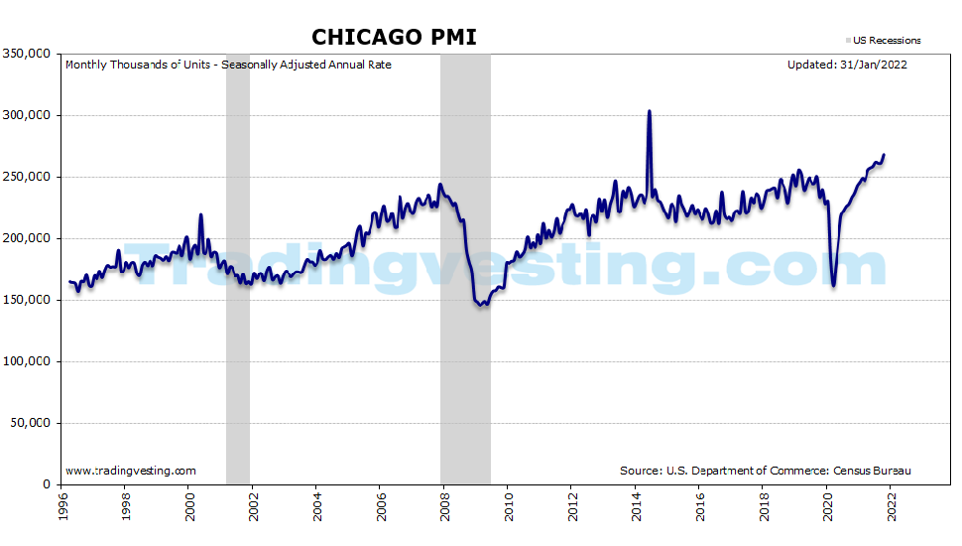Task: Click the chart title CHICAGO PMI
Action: tap(394, 37)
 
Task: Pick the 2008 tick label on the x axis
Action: tap(444, 508)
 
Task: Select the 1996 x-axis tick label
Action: tap(61, 508)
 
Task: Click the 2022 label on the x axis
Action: tap(892, 508)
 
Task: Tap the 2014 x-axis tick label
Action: tap(636, 508)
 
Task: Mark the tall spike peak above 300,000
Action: tap(649, 111)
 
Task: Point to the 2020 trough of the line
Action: tap(833, 286)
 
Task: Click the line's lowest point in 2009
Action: tap(481, 305)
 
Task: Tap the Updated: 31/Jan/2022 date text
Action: tap(847, 66)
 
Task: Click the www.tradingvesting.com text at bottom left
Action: tap(130, 471)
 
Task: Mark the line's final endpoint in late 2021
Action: tap(884, 155)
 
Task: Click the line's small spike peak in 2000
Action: tap(200, 214)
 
